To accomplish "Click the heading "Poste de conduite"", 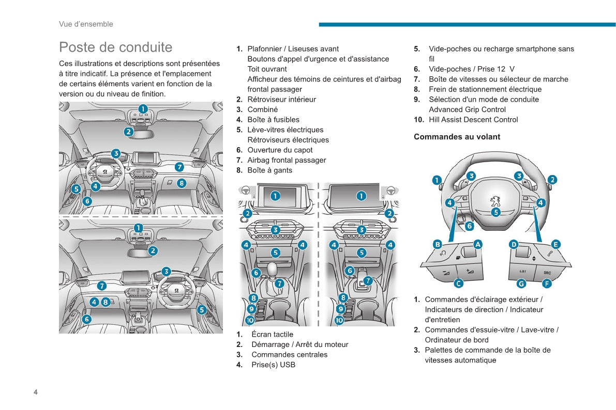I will pyautogui.click(x=115, y=47).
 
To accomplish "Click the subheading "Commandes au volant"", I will pyautogui.click(x=457, y=137).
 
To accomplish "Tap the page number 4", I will pyautogui.click(x=36, y=392).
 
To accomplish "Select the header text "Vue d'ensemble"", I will pyautogui.click(x=86, y=24).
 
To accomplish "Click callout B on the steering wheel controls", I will pyautogui.click(x=438, y=244).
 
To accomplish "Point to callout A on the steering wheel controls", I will pyautogui.click(x=478, y=244).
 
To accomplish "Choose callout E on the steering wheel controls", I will pyautogui.click(x=555, y=244).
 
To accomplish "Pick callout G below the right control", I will pyautogui.click(x=521, y=283).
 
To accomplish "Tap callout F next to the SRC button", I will pyautogui.click(x=547, y=283).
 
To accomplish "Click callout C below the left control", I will pyautogui.click(x=458, y=283).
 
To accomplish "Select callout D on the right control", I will pyautogui.click(x=514, y=244).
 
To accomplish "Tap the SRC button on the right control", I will pyautogui.click(x=547, y=272).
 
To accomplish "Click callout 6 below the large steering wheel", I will pyautogui.click(x=470, y=226).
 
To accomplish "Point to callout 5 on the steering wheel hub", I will pyautogui.click(x=495, y=212).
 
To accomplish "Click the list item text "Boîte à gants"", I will pyautogui.click(x=269, y=170).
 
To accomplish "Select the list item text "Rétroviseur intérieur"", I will pyautogui.click(x=281, y=100).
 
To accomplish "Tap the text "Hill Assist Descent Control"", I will pyautogui.click(x=473, y=120).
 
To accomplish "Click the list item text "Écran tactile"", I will pyautogui.click(x=272, y=335).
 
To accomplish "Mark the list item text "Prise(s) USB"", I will pyautogui.click(x=273, y=365).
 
